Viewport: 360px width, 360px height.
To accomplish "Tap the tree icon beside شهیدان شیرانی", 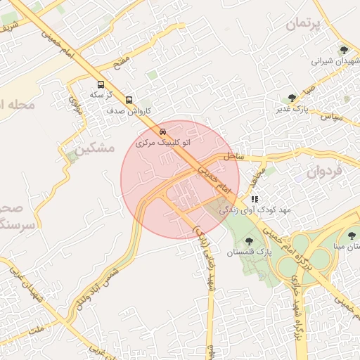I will tap(344, 50).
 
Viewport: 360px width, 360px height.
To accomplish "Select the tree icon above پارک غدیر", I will tap(292, 98).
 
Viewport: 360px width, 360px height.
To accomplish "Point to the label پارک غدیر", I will tap(292, 109).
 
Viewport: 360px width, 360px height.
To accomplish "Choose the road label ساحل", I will tap(234, 156).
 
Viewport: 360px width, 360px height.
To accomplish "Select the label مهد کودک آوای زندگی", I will tap(244, 210).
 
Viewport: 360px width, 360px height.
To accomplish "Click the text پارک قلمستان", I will tap(249, 252).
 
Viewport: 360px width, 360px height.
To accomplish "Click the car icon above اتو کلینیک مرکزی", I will tap(163, 131).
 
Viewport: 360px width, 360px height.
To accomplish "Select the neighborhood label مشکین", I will tap(94, 148).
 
